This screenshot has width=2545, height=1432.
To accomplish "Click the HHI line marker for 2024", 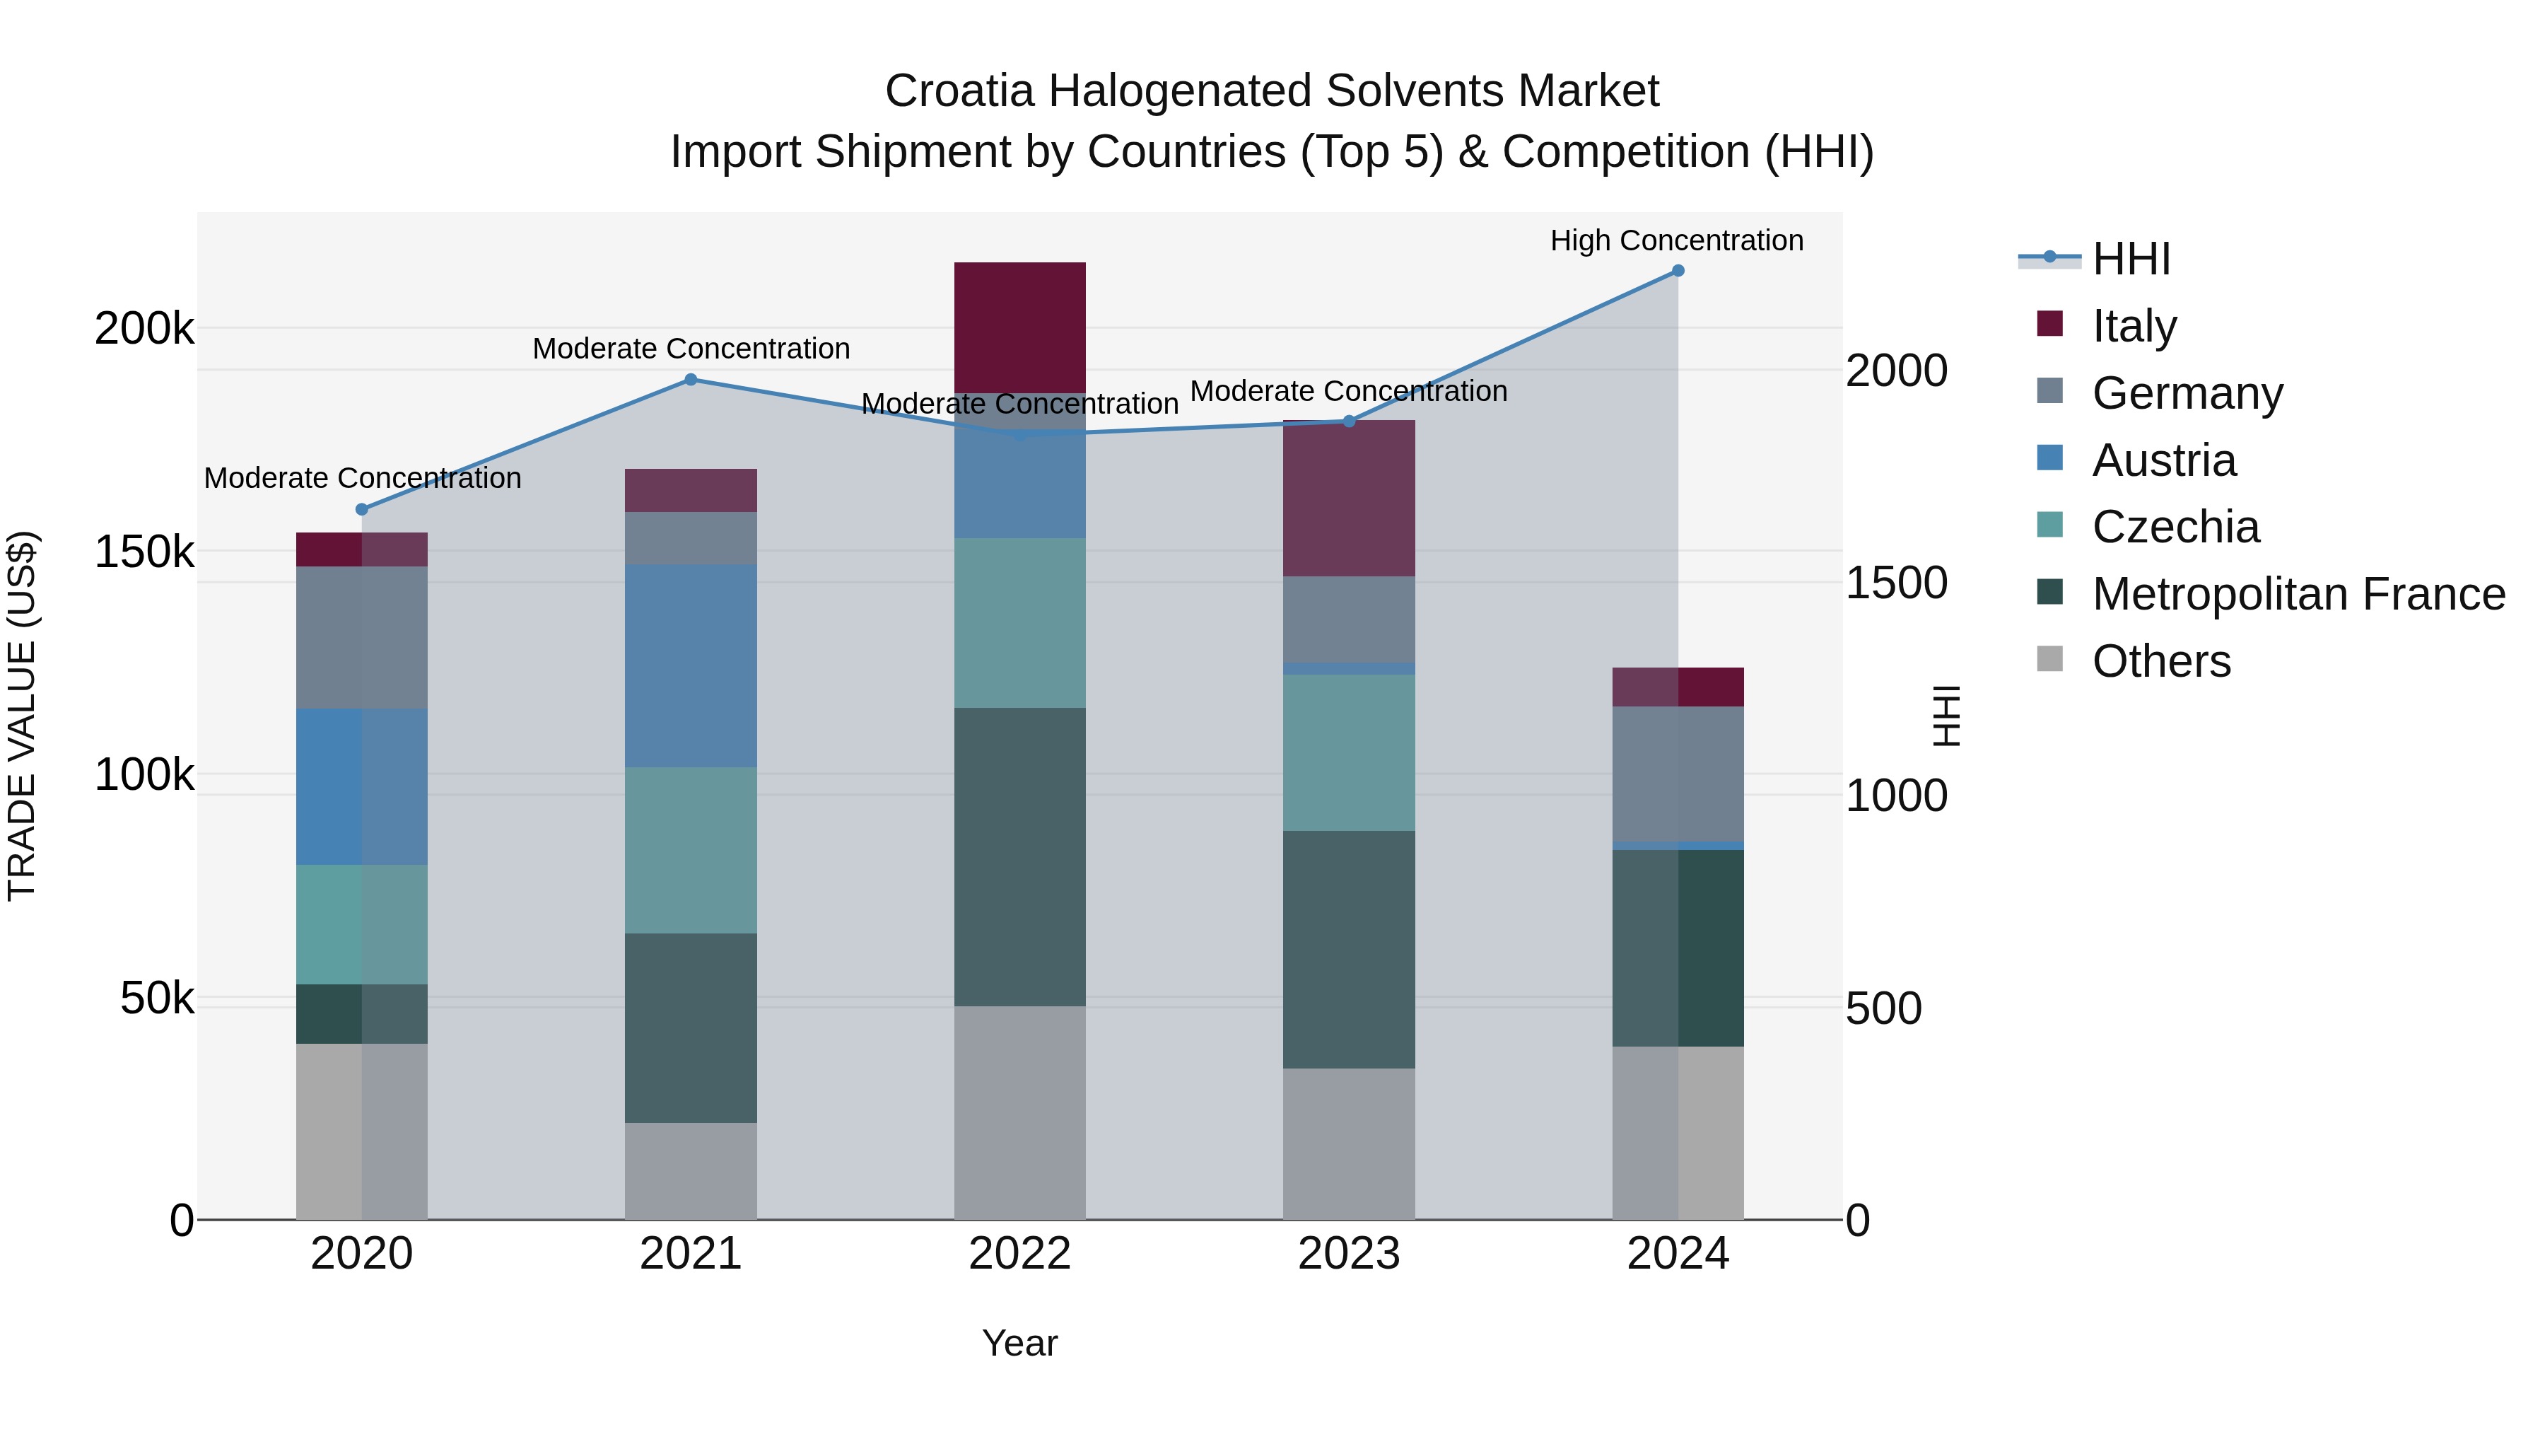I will point(1678,271).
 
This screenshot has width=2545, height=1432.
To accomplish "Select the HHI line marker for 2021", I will point(691,380).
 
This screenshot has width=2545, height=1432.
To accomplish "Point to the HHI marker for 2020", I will point(361,510).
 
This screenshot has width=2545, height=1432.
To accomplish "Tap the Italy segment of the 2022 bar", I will point(1019,327).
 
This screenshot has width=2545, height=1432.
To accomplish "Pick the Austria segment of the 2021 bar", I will point(691,665).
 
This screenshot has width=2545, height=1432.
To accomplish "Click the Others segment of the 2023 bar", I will point(1349,1143).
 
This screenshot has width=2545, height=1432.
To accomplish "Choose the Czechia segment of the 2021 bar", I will point(691,850).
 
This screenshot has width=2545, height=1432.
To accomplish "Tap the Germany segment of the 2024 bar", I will point(1678,774).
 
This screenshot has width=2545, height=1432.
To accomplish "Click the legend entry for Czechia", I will point(2175,527).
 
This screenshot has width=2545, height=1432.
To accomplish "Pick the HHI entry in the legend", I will point(2130,259).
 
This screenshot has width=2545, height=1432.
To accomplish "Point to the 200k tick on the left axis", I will point(144,328).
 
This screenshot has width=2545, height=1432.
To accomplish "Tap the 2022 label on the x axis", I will point(1019,1254).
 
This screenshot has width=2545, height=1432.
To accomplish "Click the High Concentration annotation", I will point(1677,240).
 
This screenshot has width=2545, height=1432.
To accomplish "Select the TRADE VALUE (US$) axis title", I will point(22,716).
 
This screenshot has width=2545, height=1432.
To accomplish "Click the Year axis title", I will point(1019,1343).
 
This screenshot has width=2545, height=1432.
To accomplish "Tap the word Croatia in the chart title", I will point(959,91).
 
